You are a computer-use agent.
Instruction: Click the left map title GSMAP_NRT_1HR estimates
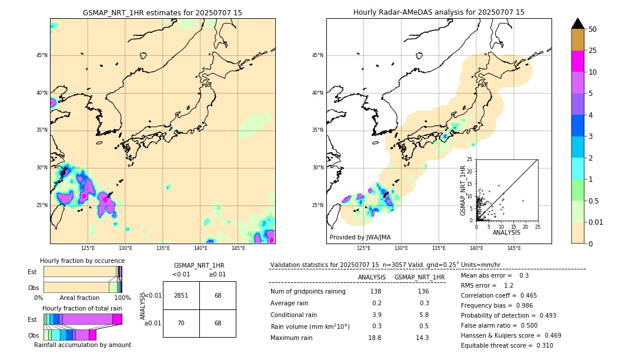(162, 12)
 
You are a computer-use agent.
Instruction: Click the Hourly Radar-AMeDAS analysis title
(439, 12)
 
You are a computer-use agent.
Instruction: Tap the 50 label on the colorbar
(593, 29)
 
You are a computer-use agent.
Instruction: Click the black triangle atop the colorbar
(578, 24)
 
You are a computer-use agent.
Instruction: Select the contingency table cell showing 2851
(181, 295)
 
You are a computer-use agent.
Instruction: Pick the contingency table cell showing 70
(181, 323)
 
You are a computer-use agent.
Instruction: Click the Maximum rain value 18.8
(375, 338)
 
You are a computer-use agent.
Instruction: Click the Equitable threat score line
(507, 345)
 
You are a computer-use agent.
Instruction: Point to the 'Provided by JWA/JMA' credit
(360, 237)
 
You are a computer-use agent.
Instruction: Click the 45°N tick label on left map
(42, 55)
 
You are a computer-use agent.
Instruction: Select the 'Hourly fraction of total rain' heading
(82, 308)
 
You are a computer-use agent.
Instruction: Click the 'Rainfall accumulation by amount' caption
(82, 345)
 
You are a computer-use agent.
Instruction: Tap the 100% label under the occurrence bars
(122, 298)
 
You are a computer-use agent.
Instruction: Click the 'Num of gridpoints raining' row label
(308, 291)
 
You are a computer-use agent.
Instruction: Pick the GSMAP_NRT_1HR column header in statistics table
(419, 277)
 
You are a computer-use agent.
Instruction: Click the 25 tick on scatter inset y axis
(469, 159)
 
